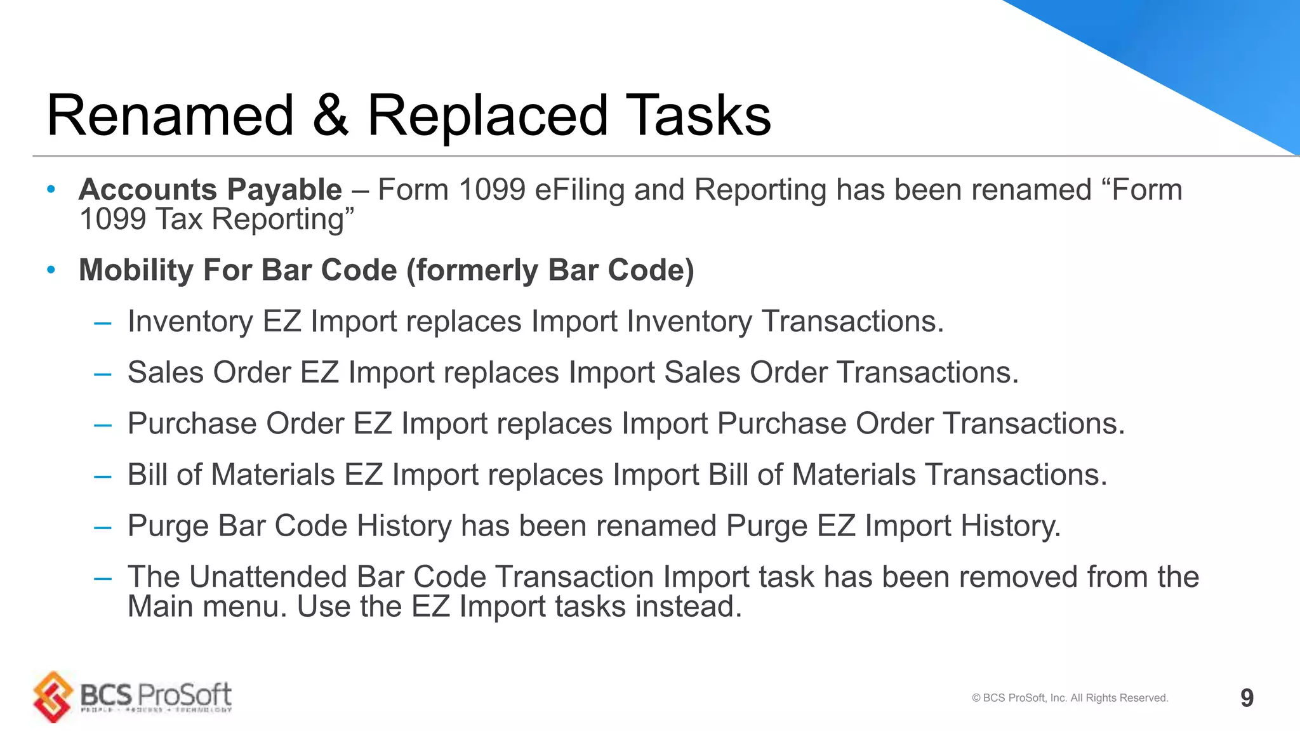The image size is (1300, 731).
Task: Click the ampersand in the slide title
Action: coord(331,116)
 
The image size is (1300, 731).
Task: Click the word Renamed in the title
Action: coord(170,116)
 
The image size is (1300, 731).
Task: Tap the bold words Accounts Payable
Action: coord(210,190)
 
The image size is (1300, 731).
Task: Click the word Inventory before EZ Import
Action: coord(190,322)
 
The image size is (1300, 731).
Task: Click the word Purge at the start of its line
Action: coord(168,526)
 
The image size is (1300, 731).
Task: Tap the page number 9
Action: coord(1247,698)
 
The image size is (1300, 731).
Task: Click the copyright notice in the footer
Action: coord(1070,698)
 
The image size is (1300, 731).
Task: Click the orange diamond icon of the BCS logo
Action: coord(53,697)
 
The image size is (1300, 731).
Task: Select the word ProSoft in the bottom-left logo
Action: coord(185,695)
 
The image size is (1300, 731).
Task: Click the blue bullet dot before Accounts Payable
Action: coord(51,190)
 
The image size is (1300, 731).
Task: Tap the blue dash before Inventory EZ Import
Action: coord(102,323)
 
